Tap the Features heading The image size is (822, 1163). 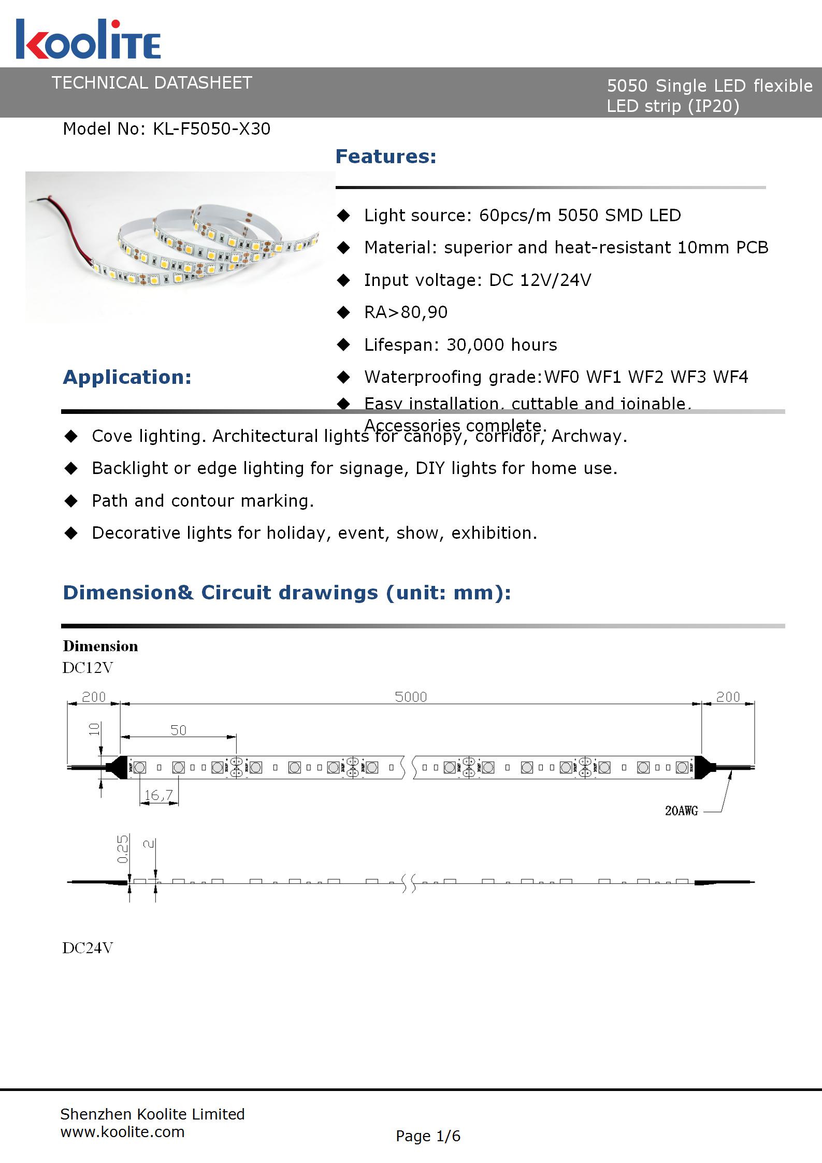[x=386, y=156]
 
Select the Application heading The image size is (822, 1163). [x=127, y=377]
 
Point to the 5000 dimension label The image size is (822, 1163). [x=411, y=697]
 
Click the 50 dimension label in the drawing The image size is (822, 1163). [x=178, y=730]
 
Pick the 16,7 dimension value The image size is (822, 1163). [x=158, y=795]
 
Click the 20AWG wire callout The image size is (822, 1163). [x=681, y=811]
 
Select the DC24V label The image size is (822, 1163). [x=88, y=948]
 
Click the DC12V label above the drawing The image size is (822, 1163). [x=88, y=668]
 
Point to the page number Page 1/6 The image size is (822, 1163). [x=428, y=1136]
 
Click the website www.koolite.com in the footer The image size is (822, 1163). [x=122, y=1132]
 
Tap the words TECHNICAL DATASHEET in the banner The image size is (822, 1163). [x=152, y=83]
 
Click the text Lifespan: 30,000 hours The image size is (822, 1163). [x=460, y=344]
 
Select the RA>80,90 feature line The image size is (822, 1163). [x=406, y=312]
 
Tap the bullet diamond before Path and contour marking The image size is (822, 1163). [x=71, y=501]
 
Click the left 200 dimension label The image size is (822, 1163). [x=94, y=697]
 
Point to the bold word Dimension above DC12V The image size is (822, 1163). [x=100, y=646]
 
